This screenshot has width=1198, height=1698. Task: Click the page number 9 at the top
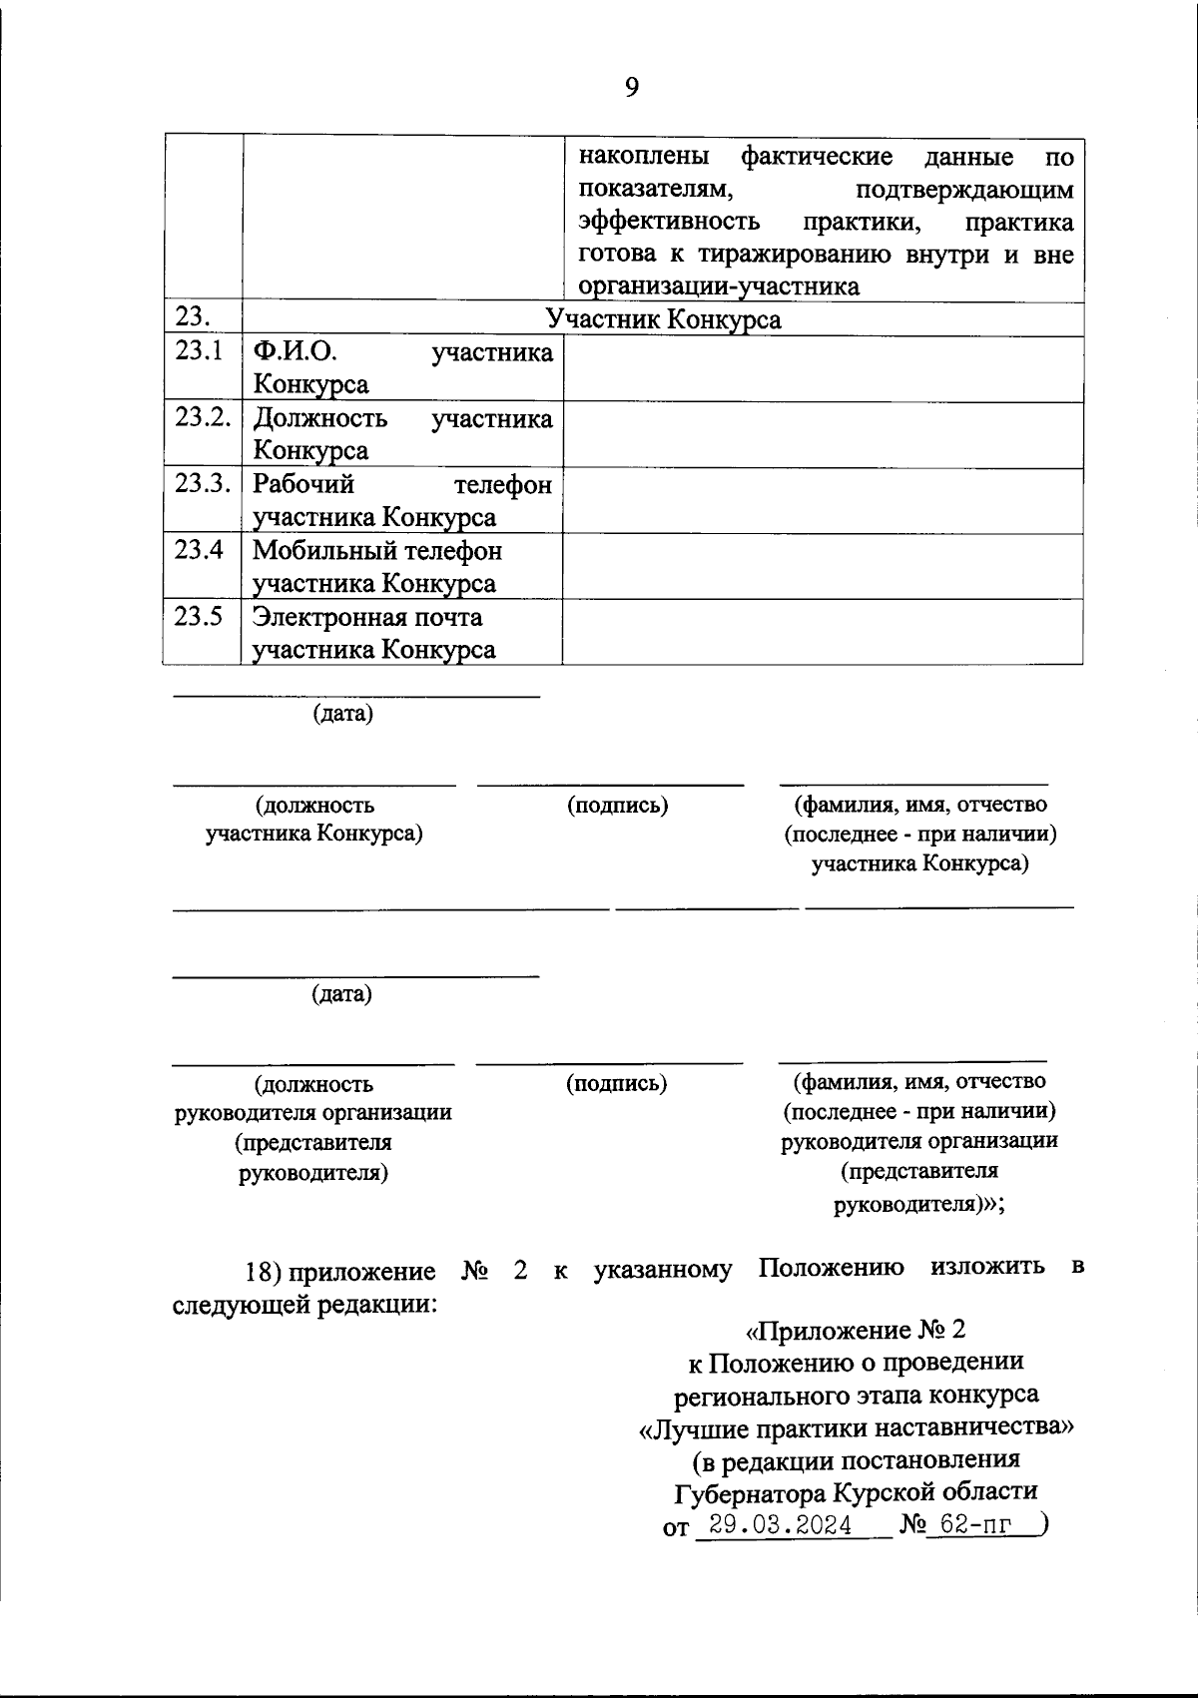pyautogui.click(x=631, y=88)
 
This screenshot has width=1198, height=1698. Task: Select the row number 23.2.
pyautogui.click(x=203, y=416)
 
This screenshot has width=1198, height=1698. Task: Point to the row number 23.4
pyautogui.click(x=198, y=549)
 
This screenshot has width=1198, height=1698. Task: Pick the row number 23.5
pyautogui.click(x=198, y=615)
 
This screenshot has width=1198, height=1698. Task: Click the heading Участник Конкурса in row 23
pyautogui.click(x=663, y=319)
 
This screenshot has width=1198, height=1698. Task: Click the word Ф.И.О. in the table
pyautogui.click(x=295, y=351)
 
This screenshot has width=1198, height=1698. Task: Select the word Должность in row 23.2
pyautogui.click(x=319, y=417)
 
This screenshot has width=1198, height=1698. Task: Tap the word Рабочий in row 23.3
pyautogui.click(x=303, y=483)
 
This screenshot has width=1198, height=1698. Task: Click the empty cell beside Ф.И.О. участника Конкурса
pyautogui.click(x=822, y=368)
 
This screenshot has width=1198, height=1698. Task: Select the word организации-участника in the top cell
pyautogui.click(x=718, y=286)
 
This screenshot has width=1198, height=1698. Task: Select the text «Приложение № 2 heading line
pyautogui.click(x=856, y=1330)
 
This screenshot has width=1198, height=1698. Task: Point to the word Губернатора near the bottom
pyautogui.click(x=750, y=1492)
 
